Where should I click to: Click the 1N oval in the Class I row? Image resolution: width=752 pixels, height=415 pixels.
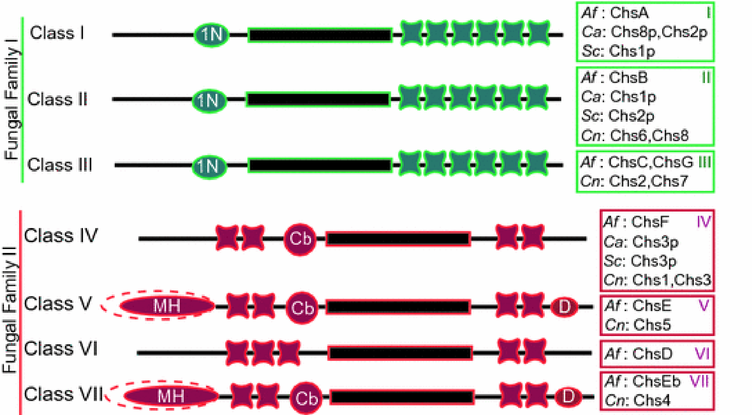tap(211, 35)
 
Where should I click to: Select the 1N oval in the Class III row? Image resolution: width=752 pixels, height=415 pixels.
tap(209, 166)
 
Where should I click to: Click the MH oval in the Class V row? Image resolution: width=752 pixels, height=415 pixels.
tap(167, 306)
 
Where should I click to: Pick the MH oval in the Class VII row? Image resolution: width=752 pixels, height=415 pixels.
tap(171, 396)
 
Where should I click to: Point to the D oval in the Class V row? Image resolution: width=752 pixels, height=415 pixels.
tap(564, 307)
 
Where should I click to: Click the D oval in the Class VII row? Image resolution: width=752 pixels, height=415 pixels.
tap(568, 396)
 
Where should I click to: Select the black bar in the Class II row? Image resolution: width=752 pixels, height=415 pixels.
tap(318, 99)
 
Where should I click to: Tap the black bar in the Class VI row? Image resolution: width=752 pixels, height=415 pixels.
tap(400, 353)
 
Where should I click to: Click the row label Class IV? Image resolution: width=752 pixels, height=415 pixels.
tap(61, 236)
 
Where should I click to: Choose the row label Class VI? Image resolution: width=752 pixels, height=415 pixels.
tap(61, 349)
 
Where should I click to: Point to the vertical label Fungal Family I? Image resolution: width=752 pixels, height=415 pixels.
tap(12, 100)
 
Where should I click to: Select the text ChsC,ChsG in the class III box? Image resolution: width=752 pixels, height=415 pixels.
tap(651, 162)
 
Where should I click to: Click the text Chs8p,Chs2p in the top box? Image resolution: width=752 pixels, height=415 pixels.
tap(659, 32)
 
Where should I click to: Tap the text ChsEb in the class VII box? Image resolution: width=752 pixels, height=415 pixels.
tap(656, 381)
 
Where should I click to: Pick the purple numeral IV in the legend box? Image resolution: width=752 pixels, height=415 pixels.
tap(703, 221)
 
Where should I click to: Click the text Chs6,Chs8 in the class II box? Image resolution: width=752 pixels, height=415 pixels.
tap(649, 135)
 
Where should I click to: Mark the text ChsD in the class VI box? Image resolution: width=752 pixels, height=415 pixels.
tap(652, 354)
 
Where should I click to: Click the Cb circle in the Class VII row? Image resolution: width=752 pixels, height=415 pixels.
tap(306, 398)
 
